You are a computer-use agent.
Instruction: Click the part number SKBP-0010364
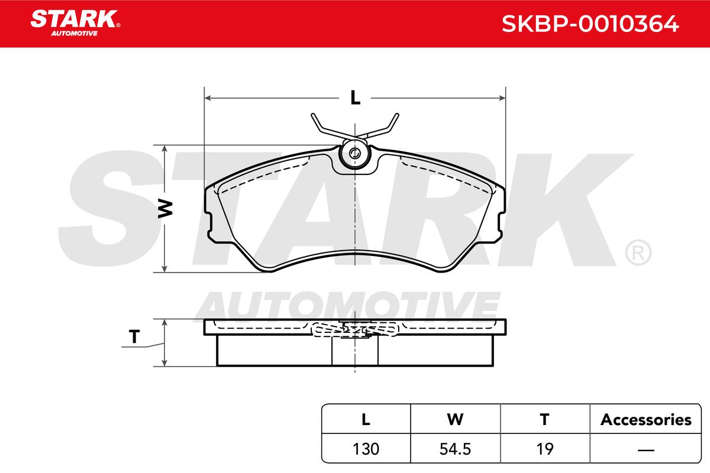pos(590,24)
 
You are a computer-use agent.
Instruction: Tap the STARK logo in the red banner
pos(75,23)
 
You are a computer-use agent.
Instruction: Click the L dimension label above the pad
pos(356,98)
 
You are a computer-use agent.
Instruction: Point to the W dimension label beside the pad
pos(165,209)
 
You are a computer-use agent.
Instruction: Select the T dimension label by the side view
pos(134,337)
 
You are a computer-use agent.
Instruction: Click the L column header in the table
pos(366,420)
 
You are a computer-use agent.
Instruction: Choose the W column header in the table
pos(455,420)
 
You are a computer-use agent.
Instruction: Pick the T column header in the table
pos(544,420)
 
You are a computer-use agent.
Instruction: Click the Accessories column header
pos(646,420)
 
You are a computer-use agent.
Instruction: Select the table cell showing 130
pos(366,449)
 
